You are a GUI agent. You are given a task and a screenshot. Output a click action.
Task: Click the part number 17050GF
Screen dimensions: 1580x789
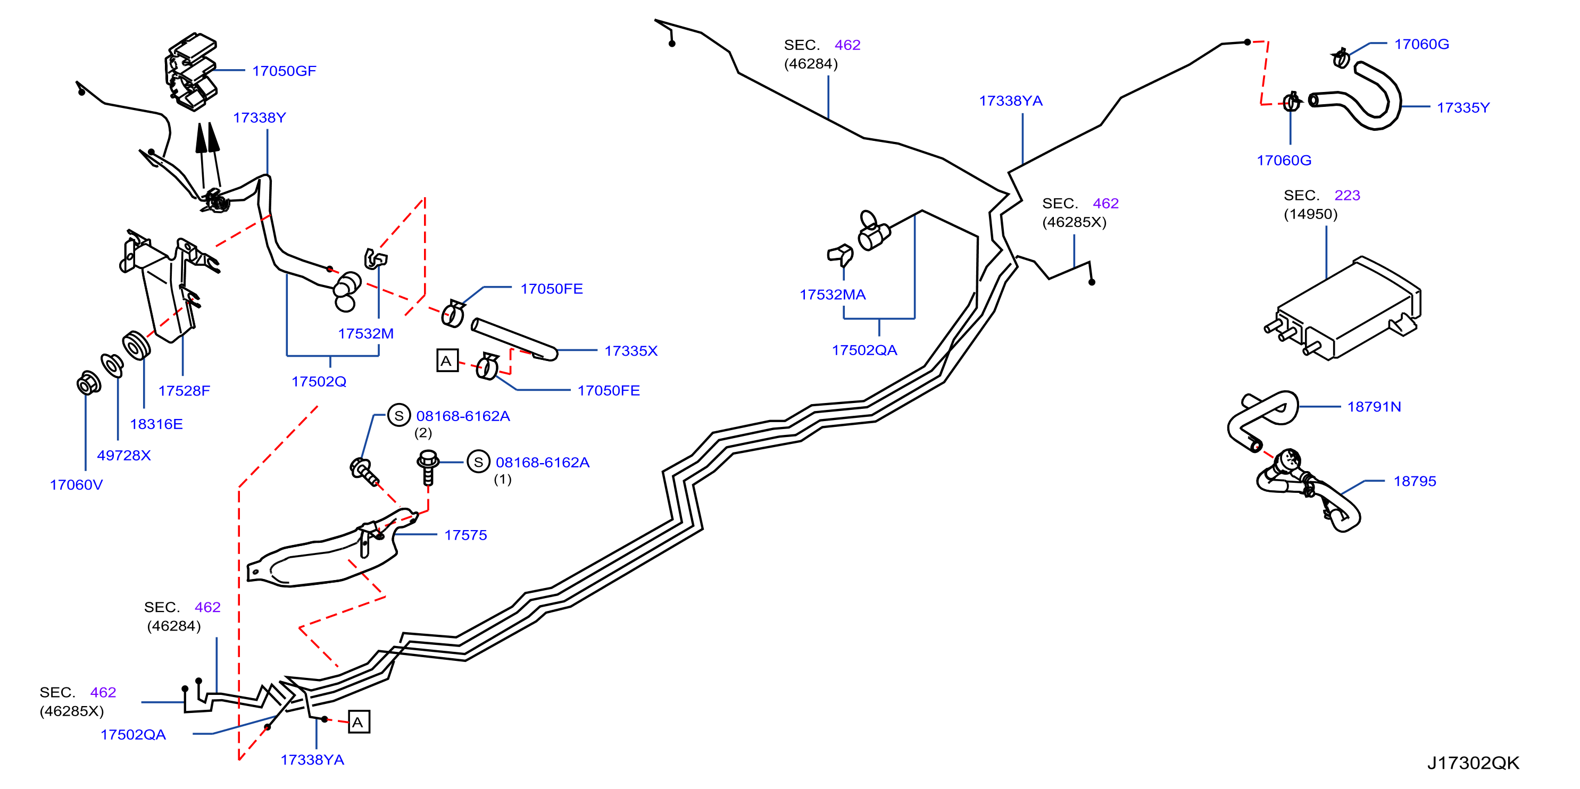(x=284, y=71)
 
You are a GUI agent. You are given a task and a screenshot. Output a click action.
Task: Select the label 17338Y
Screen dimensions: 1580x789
(x=260, y=117)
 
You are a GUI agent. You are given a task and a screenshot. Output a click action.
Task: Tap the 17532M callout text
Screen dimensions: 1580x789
(x=365, y=333)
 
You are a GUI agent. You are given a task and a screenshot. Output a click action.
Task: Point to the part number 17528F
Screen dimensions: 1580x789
(x=184, y=391)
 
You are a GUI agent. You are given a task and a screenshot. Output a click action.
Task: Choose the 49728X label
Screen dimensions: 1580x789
(x=124, y=456)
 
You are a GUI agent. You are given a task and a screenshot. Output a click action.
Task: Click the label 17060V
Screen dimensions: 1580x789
(x=76, y=485)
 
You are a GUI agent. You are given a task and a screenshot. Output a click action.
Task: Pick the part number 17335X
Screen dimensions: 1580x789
(x=631, y=351)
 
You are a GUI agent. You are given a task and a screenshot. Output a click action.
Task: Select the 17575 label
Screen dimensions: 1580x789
(x=465, y=535)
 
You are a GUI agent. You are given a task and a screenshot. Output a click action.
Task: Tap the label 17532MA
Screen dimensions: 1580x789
(x=833, y=295)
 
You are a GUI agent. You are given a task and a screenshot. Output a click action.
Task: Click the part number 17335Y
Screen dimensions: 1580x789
(x=1463, y=108)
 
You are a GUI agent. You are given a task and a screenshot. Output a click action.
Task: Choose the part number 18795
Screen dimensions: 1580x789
(x=1415, y=481)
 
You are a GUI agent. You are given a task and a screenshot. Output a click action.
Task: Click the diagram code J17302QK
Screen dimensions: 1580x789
(x=1473, y=763)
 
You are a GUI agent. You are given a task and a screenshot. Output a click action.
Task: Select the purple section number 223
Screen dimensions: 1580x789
(x=1347, y=196)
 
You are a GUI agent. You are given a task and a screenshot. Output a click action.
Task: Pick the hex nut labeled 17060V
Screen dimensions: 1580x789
(x=89, y=383)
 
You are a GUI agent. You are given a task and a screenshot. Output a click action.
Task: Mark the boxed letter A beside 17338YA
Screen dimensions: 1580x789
(x=359, y=722)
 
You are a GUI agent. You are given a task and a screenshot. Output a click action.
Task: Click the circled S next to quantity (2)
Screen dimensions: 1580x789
(x=398, y=416)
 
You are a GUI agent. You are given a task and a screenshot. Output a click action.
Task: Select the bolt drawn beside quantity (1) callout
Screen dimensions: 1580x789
(x=428, y=467)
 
